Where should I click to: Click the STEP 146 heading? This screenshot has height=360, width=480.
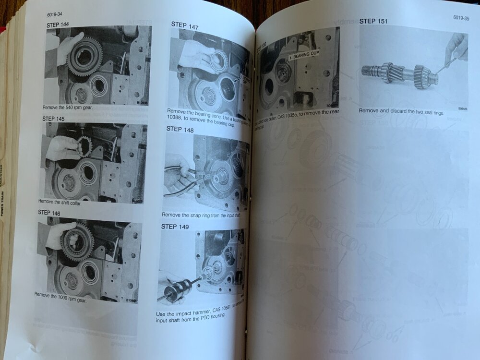(x=53, y=212)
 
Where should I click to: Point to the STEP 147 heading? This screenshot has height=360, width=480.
(x=185, y=24)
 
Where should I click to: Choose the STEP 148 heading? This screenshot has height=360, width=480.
(x=181, y=129)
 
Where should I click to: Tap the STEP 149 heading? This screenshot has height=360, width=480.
(x=175, y=227)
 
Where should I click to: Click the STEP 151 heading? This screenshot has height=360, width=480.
(x=373, y=21)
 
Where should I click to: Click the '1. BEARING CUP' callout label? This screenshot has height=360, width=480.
(x=303, y=53)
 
